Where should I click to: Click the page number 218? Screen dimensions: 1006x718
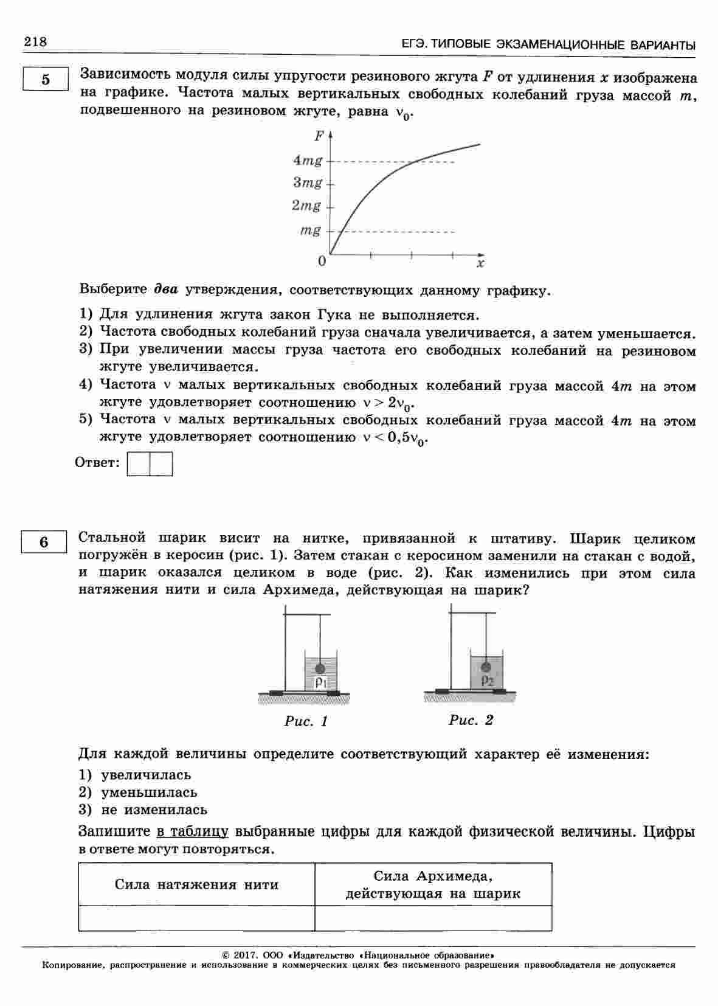tap(35, 42)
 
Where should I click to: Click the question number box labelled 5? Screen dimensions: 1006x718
tap(46, 80)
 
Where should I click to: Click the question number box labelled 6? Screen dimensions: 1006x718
tap(44, 541)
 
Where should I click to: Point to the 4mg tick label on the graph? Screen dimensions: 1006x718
tap(308, 161)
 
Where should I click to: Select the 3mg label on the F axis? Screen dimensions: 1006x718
tap(308, 182)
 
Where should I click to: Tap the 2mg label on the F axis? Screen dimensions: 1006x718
tap(306, 206)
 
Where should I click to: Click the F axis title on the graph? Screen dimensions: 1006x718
tap(319, 136)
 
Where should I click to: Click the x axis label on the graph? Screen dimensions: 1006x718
tap(480, 263)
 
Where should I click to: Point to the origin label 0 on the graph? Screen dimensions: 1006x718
tap(322, 262)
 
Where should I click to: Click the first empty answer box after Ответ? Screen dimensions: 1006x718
tap(139, 463)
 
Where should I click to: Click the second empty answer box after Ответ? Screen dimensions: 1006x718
tap(161, 463)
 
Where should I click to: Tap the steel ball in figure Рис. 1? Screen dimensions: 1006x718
tap(320, 668)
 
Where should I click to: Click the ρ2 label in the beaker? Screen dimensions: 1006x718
tap(487, 681)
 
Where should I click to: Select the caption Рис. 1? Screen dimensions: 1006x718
tap(306, 721)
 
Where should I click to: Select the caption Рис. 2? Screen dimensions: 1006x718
tap(471, 720)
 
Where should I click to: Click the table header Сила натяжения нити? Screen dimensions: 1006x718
tap(196, 884)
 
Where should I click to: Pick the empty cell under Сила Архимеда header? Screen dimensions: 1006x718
tap(433, 918)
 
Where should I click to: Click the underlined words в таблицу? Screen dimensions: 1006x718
tap(192, 831)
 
